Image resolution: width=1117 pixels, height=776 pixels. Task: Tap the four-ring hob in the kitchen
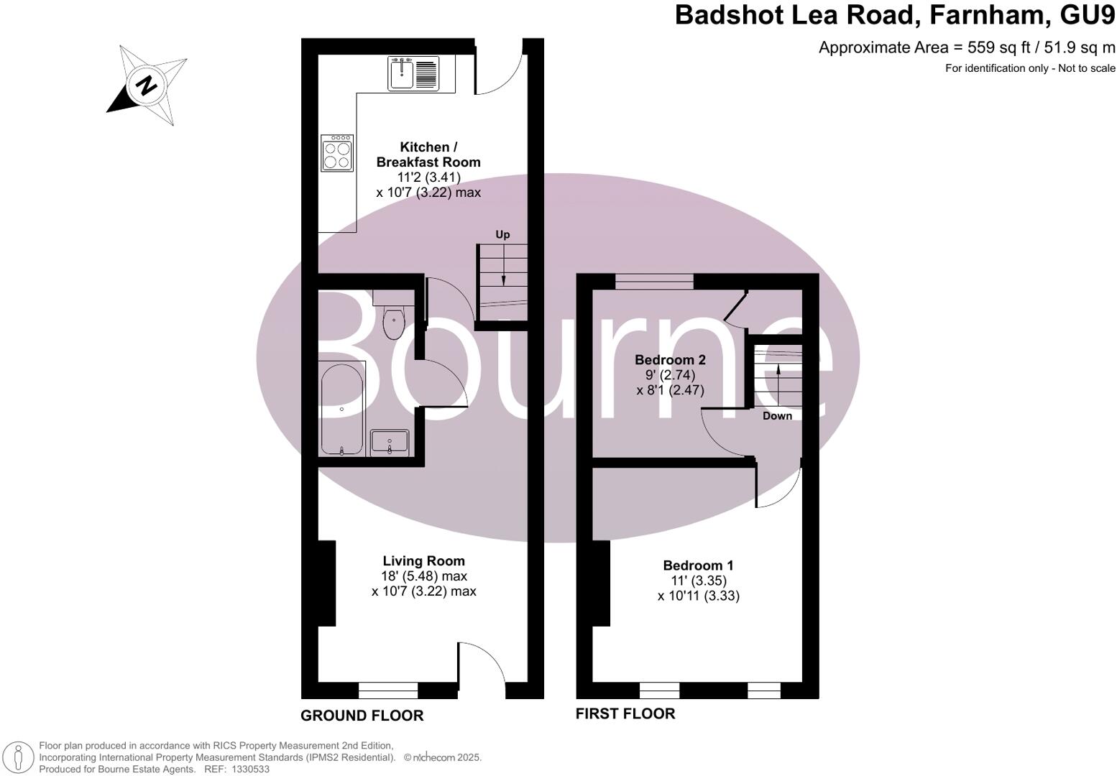337,153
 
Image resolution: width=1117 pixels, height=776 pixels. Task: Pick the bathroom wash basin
390,442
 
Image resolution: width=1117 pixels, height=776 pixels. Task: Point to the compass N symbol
147,86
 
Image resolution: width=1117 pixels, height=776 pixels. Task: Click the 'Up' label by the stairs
502,234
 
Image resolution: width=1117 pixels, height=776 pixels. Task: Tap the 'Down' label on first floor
777,416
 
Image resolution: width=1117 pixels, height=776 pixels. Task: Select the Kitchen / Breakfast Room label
428,154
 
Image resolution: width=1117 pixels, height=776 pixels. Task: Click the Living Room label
423,560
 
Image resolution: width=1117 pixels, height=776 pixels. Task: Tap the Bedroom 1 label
698,565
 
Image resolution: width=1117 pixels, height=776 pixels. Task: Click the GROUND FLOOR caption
362,716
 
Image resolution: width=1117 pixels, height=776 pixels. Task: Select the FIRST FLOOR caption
625,713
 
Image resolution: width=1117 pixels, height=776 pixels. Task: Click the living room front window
388,691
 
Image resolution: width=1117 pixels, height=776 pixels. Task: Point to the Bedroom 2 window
654,282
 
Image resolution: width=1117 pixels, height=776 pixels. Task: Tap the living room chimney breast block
326,583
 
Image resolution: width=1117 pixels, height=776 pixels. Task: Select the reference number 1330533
248,769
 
